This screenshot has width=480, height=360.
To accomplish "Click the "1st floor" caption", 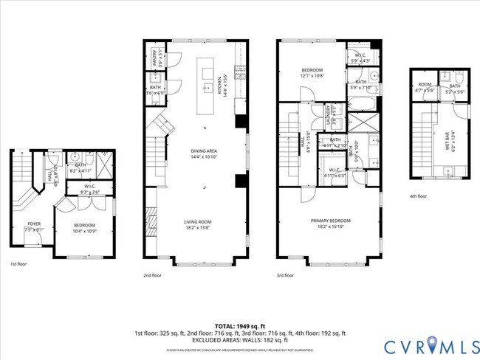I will (x=18, y=263).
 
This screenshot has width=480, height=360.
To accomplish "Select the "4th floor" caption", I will (x=418, y=196).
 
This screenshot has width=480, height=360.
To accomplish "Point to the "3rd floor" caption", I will (x=285, y=275).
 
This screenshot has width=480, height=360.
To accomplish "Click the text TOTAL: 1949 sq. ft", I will (x=239, y=325).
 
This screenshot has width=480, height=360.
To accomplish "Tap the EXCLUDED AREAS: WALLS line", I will (x=239, y=340).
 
